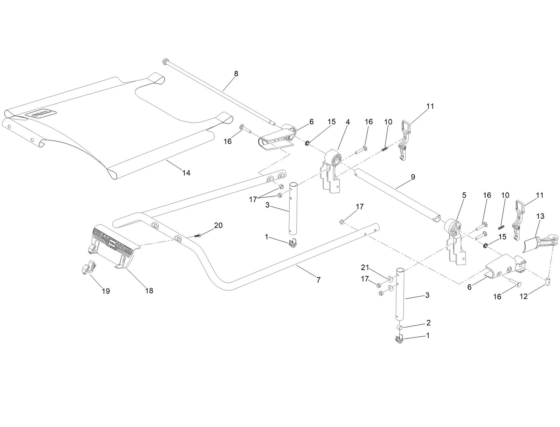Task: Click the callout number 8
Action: pos(236,74)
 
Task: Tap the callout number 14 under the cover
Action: pos(186,173)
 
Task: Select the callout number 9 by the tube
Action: pos(413,177)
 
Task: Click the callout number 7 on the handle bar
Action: pos(318,280)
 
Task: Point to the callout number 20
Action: pos(218,225)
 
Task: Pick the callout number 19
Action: pos(106,291)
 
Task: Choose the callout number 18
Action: pos(149,291)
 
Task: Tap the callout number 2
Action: pos(428,322)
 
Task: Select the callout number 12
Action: pos(524,297)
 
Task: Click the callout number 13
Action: pos(540,216)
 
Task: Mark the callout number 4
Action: pos(348,122)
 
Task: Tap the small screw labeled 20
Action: pos(198,235)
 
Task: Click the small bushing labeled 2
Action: pos(400,328)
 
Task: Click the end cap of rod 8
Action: pos(165,62)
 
